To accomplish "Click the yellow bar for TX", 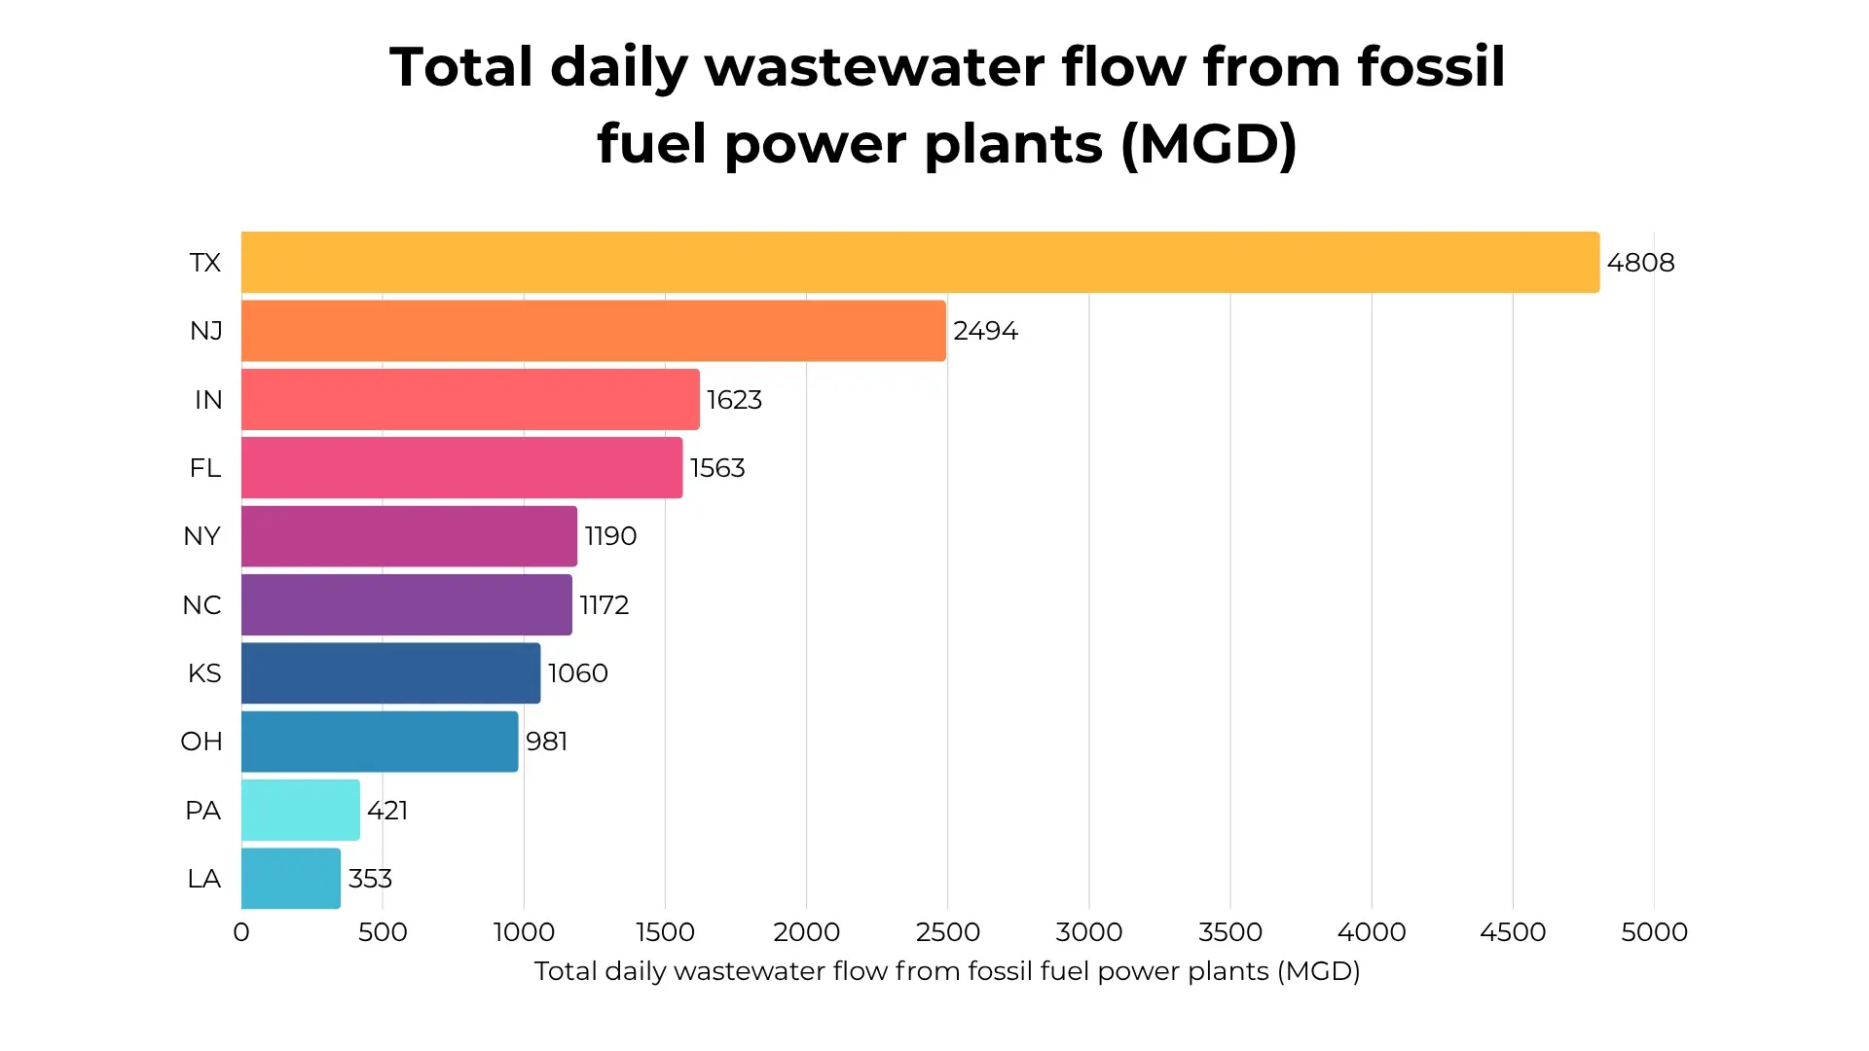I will (x=920, y=262).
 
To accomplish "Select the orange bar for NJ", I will (x=593, y=331).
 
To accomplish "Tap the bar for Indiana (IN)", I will (x=470, y=399).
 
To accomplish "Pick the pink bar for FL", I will (x=461, y=468).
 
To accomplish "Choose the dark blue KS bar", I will (x=390, y=673).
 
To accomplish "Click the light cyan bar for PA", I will (x=300, y=810).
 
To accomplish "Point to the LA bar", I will (x=290, y=879).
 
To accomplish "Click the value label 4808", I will (x=1640, y=263).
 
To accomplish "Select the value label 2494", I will (x=985, y=331).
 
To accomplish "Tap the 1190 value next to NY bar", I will (x=610, y=536).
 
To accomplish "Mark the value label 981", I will (x=546, y=742).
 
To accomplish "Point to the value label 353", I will (x=370, y=879).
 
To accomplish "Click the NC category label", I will (x=202, y=605).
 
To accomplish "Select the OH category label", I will (x=202, y=742).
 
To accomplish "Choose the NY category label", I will (x=202, y=536).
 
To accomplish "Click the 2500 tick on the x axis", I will (x=947, y=932).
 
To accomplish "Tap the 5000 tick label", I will (x=1654, y=932).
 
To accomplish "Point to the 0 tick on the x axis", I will (x=241, y=932).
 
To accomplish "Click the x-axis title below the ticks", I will (x=946, y=971).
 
